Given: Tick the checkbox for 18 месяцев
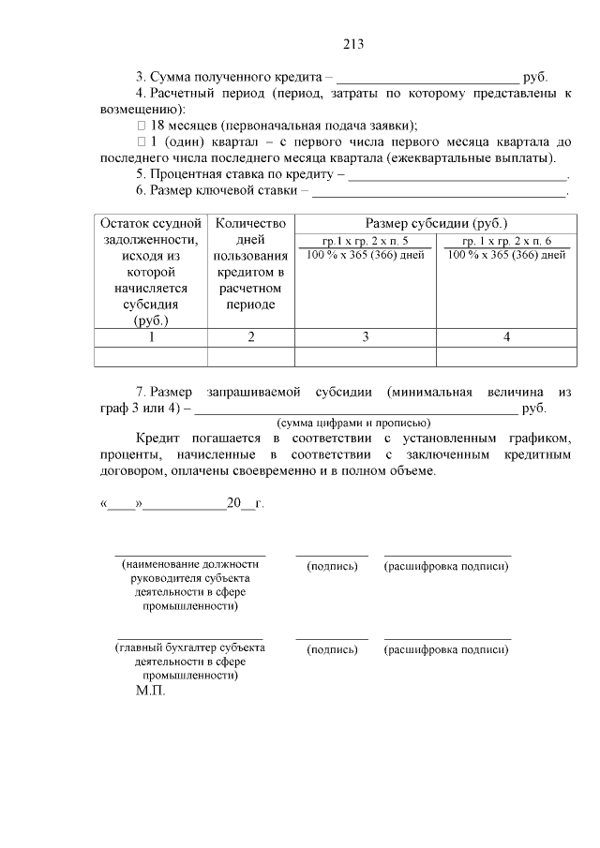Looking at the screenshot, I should click(142, 126).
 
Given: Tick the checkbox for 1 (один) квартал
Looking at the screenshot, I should click(142, 141).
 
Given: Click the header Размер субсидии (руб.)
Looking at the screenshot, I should click(435, 223).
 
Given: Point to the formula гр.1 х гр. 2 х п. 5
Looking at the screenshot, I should click(365, 241).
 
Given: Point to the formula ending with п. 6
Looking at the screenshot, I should click(506, 241).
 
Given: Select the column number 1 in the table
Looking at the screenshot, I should click(151, 337).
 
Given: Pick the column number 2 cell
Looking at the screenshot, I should click(250, 337).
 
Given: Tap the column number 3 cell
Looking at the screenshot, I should click(365, 337).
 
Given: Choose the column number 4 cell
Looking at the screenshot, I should click(506, 337).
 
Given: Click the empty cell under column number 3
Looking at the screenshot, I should click(365, 356).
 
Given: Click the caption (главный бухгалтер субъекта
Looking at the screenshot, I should click(189, 647).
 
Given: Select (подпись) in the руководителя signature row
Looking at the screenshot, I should click(332, 566).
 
